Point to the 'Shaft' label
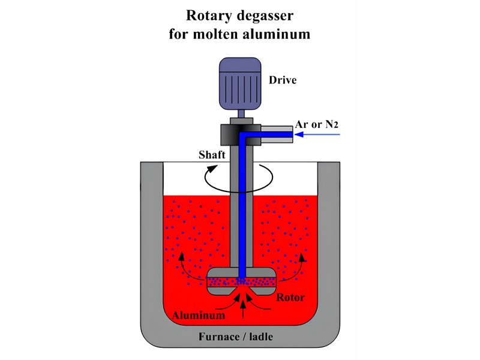click(x=212, y=155)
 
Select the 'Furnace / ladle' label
click(x=240, y=337)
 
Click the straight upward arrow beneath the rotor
click(x=242, y=309)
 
